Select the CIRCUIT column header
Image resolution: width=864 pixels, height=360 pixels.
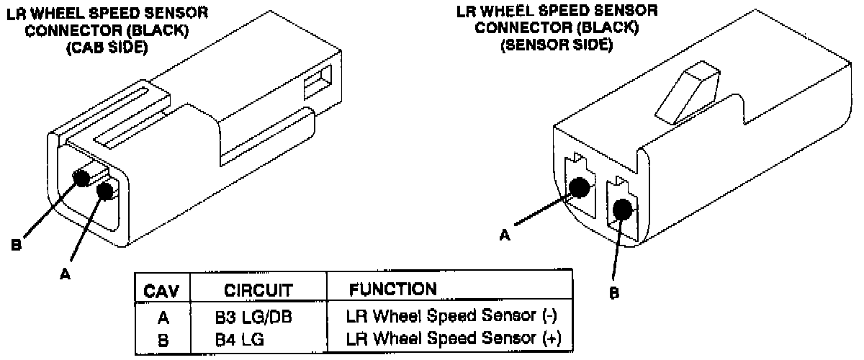click(258, 291)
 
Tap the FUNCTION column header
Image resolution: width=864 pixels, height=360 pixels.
click(392, 289)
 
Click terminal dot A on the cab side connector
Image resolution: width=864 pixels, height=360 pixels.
click(105, 191)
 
